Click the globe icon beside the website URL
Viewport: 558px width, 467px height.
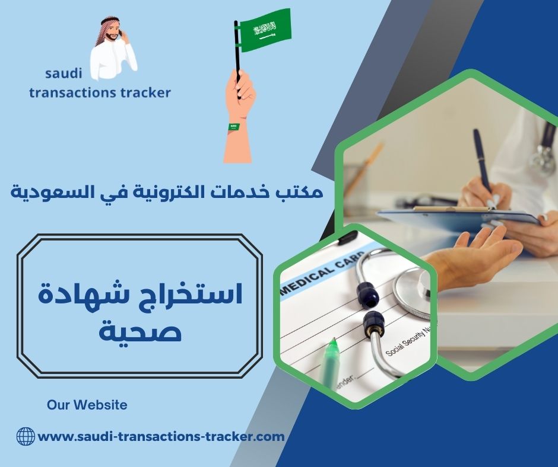click(x=26, y=437)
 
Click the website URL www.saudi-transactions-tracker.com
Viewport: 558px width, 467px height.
click(x=161, y=437)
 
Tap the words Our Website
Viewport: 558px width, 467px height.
click(x=87, y=405)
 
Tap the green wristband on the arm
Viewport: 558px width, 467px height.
click(x=234, y=127)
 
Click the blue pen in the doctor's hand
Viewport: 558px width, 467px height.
click(x=483, y=163)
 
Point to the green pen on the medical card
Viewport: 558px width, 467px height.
click(x=331, y=362)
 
